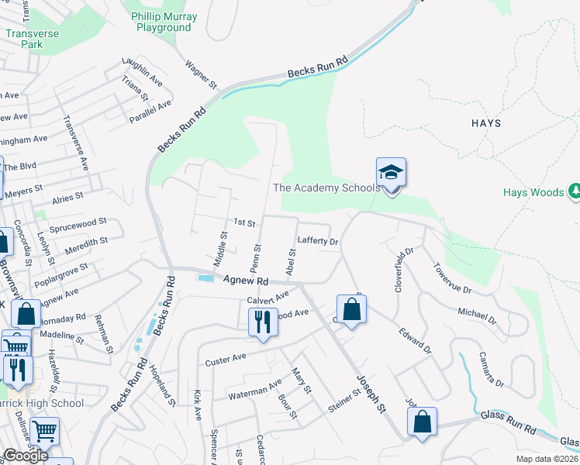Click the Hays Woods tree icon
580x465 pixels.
(575, 191)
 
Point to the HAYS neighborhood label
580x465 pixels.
(485, 123)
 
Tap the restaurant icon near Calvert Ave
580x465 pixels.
(262, 320)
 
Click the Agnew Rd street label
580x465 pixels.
(245, 281)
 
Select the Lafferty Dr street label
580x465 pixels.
(319, 242)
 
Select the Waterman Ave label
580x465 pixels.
(255, 390)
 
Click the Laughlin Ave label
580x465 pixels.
(141, 69)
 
